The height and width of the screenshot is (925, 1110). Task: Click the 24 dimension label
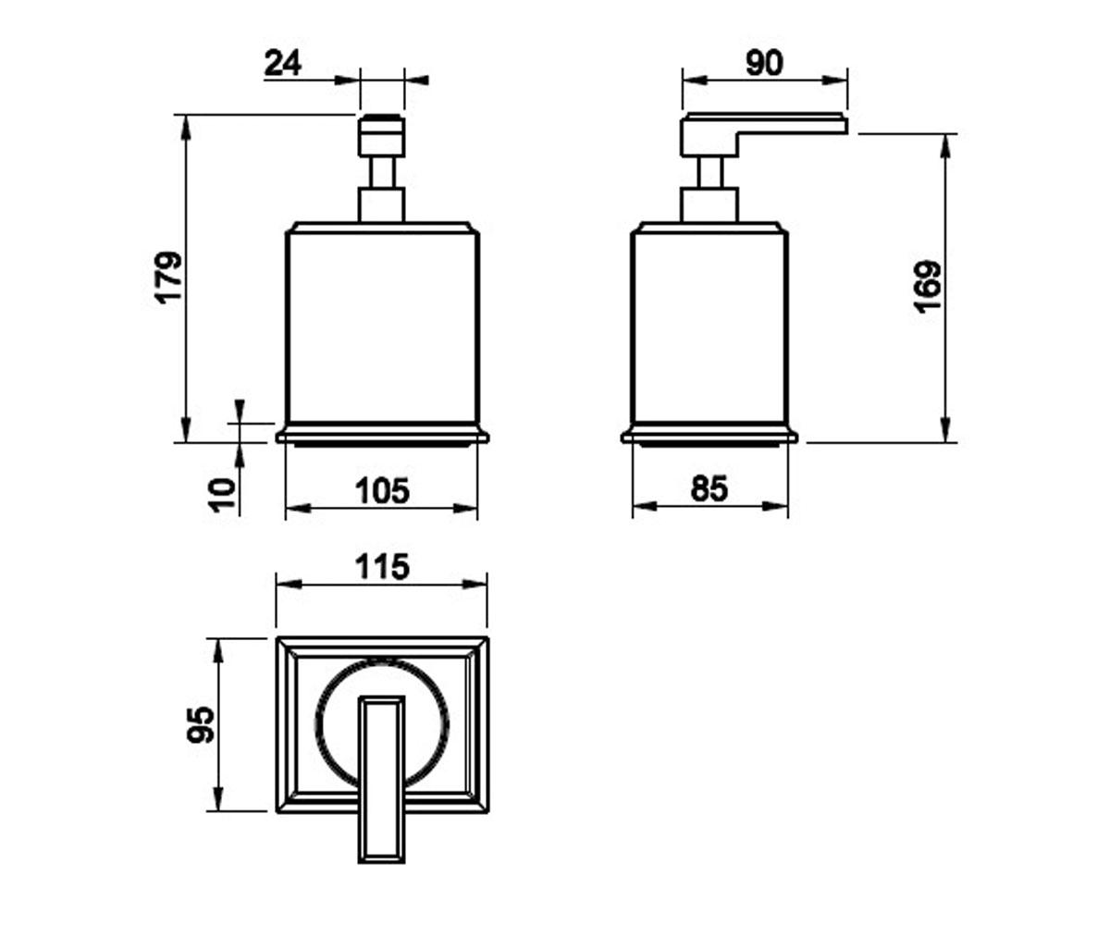pos(283,63)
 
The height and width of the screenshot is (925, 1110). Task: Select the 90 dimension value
pos(764,63)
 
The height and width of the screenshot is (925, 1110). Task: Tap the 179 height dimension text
pos(170,277)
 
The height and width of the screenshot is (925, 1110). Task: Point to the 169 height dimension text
pos(927,286)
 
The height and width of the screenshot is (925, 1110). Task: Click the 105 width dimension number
pos(383,490)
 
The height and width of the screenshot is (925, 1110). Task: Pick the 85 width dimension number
pos(709,488)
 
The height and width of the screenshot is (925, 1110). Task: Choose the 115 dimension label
pos(383,567)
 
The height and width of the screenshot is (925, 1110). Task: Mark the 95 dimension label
pos(202,723)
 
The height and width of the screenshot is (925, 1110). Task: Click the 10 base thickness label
pos(223,495)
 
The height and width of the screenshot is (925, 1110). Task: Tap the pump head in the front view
pos(382,135)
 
